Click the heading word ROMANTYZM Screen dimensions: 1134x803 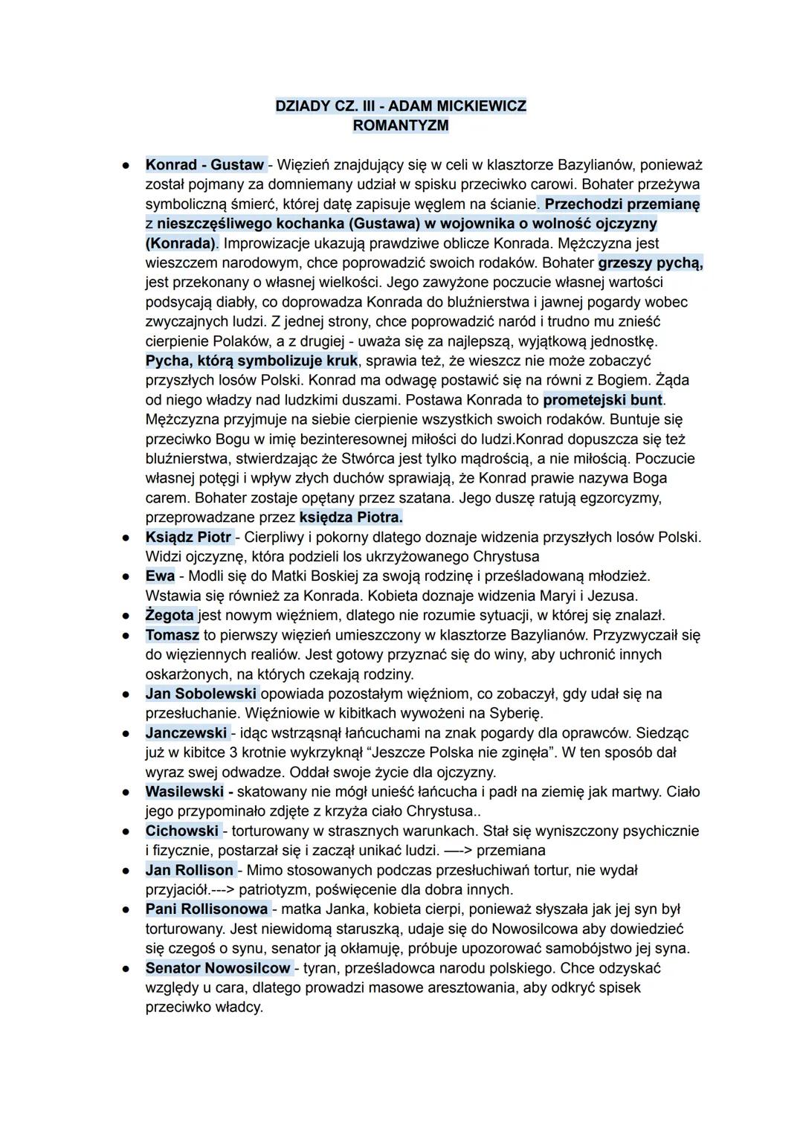401,125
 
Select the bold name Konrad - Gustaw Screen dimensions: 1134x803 205,164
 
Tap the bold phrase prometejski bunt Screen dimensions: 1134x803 603,399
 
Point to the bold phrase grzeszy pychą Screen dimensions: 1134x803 651,262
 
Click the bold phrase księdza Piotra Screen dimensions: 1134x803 351,517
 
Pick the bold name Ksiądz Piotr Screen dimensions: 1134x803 189,536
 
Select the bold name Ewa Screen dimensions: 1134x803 160,576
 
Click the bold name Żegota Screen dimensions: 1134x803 170,615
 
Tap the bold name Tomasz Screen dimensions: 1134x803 172,635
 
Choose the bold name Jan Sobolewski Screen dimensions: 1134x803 201,694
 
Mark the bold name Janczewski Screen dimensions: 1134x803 187,733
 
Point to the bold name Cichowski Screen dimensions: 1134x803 182,831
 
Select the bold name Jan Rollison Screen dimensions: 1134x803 190,870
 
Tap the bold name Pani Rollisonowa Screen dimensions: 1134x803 207,909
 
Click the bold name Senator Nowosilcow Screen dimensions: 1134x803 218,968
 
